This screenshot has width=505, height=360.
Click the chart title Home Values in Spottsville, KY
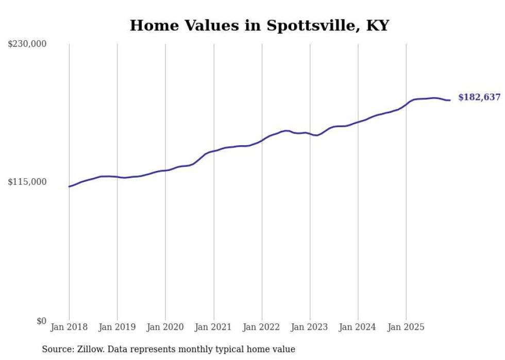(x=259, y=25)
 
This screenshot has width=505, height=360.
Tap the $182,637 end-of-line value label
(x=479, y=97)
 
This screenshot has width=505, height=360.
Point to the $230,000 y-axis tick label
(x=27, y=44)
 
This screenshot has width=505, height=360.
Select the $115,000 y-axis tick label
(x=27, y=182)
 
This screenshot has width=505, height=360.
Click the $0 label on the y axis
(x=41, y=321)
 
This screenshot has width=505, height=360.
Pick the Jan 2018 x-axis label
(x=69, y=327)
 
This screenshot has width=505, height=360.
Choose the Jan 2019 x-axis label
(x=117, y=327)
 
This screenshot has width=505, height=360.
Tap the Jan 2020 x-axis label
(x=165, y=327)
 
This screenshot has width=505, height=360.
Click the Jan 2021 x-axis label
(x=213, y=327)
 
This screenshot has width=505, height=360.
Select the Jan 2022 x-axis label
(x=261, y=327)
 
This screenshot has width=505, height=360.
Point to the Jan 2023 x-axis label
(x=309, y=327)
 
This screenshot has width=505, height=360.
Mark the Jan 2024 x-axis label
(x=358, y=327)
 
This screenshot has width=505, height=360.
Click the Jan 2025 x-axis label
(x=406, y=327)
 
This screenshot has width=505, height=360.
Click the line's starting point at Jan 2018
(x=69, y=186)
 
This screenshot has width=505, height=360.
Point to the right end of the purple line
(x=450, y=100)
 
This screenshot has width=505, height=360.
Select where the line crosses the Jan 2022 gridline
(x=262, y=140)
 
